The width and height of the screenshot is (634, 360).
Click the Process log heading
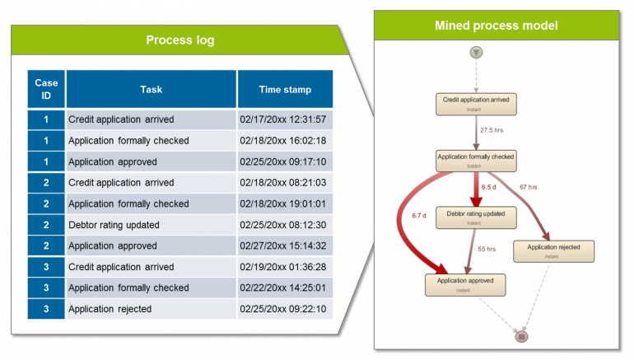coord(179,40)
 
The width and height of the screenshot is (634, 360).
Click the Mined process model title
coord(496,26)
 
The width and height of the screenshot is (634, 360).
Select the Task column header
coord(152,89)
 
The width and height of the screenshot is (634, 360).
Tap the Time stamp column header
coord(285,89)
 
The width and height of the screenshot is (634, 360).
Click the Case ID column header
coord(46,89)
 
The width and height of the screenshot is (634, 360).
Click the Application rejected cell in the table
coord(110,309)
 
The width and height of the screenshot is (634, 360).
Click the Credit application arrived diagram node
coord(476,103)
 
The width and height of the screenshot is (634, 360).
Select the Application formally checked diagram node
coord(476,160)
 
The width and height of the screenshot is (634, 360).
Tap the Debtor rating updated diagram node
coord(476,217)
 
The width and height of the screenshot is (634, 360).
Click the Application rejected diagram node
coord(553,250)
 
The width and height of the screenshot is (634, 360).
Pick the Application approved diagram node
coord(465,284)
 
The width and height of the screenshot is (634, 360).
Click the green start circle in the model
coord(477,52)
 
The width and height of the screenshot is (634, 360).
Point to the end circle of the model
coord(520,336)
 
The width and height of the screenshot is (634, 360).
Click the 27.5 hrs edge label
coord(492,130)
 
